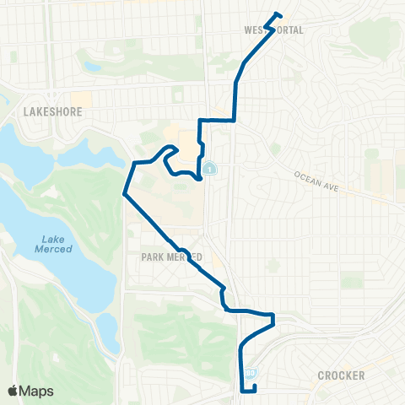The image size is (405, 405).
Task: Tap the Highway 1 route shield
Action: pos(208,167)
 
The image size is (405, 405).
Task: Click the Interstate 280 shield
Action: pos(250,371)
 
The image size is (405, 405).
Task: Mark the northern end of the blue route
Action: pos(278,13)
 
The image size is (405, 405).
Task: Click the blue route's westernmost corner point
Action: pos(124,194)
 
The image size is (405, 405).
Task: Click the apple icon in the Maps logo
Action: pos(13,390)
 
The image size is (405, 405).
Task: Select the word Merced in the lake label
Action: pos(53,249)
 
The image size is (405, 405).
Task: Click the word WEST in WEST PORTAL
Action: pos(256,30)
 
